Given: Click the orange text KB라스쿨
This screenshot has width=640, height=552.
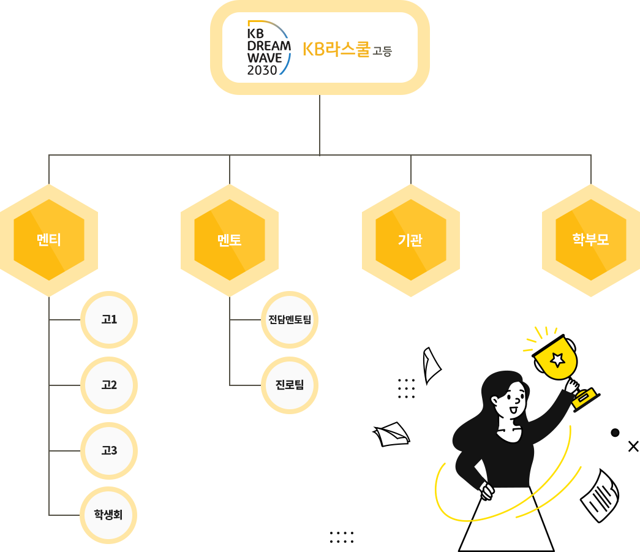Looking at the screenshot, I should (x=336, y=49).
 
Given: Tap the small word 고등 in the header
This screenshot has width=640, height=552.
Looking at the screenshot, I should (x=382, y=51).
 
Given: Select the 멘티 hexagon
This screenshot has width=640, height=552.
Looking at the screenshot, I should (x=48, y=240).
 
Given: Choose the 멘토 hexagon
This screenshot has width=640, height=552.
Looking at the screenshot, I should (x=229, y=240).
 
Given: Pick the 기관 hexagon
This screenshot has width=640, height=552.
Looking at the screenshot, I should (x=410, y=240).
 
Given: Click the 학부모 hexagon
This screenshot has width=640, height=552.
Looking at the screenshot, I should (x=590, y=240).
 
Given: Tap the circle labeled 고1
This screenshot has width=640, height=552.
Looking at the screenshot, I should (x=109, y=320).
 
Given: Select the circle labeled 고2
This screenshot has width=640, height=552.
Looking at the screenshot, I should (x=109, y=385).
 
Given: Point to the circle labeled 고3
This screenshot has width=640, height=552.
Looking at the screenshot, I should (x=109, y=451).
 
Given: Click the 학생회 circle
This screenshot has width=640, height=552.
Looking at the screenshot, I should (x=108, y=515).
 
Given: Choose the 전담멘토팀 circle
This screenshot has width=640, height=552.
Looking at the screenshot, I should (x=290, y=320).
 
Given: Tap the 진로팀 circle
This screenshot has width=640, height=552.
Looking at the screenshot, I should (x=290, y=385).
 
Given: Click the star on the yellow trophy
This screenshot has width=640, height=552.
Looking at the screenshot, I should (x=557, y=358).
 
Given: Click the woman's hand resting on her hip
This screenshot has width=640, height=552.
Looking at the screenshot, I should (x=487, y=490).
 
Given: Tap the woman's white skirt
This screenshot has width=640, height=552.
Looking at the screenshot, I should (x=506, y=521).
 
